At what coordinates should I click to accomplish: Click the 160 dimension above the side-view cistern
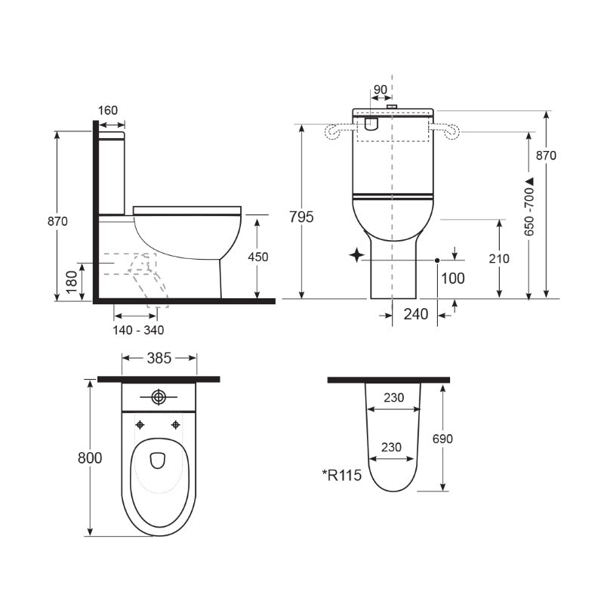click(108, 110)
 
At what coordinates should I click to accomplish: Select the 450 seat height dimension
click(258, 257)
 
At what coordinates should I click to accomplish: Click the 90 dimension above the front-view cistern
click(381, 89)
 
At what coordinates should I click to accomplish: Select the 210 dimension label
click(499, 258)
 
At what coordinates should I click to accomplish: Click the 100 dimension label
click(452, 278)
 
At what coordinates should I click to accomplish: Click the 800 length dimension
click(90, 458)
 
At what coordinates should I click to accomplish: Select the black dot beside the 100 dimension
click(437, 260)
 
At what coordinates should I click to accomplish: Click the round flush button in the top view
click(159, 396)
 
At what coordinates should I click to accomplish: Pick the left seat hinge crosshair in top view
click(140, 424)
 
